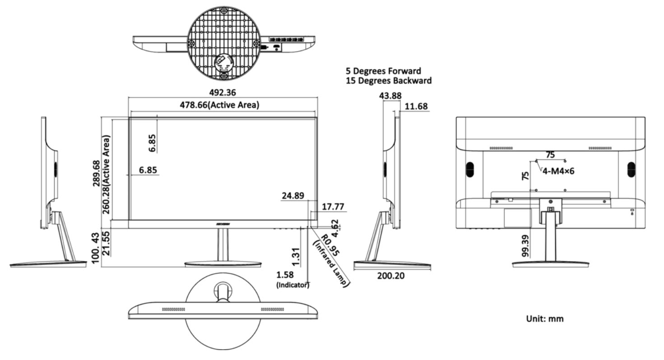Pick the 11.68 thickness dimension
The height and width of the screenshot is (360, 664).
click(x=417, y=107)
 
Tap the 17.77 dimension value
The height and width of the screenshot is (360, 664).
click(x=334, y=206)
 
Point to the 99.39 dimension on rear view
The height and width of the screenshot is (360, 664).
click(x=525, y=245)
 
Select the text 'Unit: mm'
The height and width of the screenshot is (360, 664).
click(x=545, y=319)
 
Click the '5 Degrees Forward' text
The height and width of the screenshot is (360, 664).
click(x=383, y=71)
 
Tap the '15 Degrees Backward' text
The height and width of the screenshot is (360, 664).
click(x=388, y=81)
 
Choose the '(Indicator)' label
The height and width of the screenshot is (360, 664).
click(x=293, y=285)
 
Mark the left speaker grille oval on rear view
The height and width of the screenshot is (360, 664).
click(x=469, y=169)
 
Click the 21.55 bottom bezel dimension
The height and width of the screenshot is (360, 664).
click(x=107, y=244)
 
